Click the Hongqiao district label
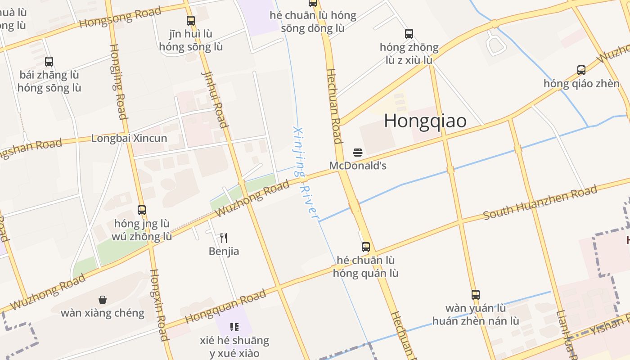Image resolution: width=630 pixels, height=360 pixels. pos(425,121)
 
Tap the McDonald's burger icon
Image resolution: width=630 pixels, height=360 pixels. pos(358,153)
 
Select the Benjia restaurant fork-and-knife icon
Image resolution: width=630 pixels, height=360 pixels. pos(224,238)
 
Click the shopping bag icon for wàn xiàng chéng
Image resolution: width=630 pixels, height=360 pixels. pos(103,300)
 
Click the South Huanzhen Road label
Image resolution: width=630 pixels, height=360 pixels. pos(540,202)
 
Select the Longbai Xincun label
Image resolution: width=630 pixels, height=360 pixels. pos(129,138)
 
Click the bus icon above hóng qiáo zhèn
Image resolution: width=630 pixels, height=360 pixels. pos(581,70)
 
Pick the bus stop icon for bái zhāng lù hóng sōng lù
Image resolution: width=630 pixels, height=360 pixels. pos(49,62)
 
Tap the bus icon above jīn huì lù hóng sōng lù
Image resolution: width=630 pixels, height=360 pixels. pos(191,20)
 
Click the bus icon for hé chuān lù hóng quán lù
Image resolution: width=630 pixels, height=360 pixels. pos(366,247)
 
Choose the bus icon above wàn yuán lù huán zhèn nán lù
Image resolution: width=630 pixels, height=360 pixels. pos(476,295)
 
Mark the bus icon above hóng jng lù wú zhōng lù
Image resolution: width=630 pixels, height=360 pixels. pos(142,210)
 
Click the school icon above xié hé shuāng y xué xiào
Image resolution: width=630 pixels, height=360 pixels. pos(234,327)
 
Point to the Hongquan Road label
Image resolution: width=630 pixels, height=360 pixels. pos(225,306)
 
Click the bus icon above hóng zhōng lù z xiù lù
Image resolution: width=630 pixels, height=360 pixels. pos(409,34)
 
